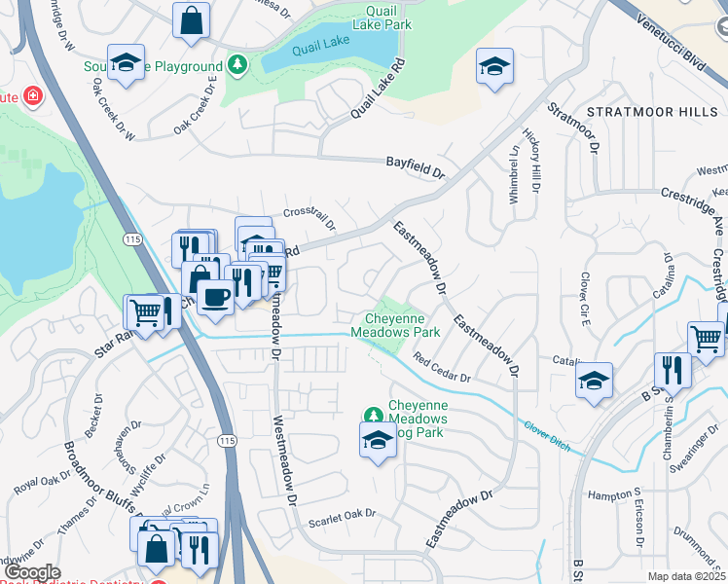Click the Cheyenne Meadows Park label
(402, 325)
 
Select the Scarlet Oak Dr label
(342, 516)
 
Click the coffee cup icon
(214, 295)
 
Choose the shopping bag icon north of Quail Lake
(192, 18)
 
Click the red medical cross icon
(33, 95)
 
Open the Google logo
(32, 571)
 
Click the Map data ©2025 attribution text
(686, 576)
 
